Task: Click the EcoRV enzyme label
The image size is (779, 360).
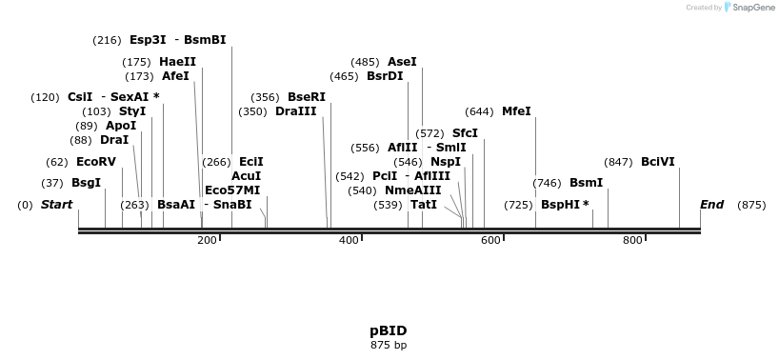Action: [x=95, y=162]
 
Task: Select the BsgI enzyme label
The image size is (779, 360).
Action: [x=86, y=183]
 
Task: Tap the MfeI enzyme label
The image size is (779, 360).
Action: [x=516, y=111]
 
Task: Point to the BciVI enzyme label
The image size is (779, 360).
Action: [x=658, y=162]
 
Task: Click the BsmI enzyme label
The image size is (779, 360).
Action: [x=586, y=183]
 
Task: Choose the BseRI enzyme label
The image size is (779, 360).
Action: [x=307, y=97]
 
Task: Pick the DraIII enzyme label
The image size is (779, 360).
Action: [x=296, y=111]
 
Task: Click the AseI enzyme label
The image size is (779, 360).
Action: [x=402, y=62]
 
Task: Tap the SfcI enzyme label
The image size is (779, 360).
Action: [x=465, y=133]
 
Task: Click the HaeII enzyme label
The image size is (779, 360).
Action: [x=177, y=62]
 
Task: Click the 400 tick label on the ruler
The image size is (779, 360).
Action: [x=349, y=241]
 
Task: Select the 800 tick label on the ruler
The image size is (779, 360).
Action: [x=632, y=241]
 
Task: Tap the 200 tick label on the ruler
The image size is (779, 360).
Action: [x=207, y=241]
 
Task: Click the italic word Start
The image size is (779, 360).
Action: [x=56, y=205]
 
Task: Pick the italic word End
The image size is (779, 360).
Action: [x=711, y=205]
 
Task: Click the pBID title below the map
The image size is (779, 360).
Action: [x=389, y=330]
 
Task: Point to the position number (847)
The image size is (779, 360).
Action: [x=618, y=162]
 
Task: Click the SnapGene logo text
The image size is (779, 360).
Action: [x=752, y=8]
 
